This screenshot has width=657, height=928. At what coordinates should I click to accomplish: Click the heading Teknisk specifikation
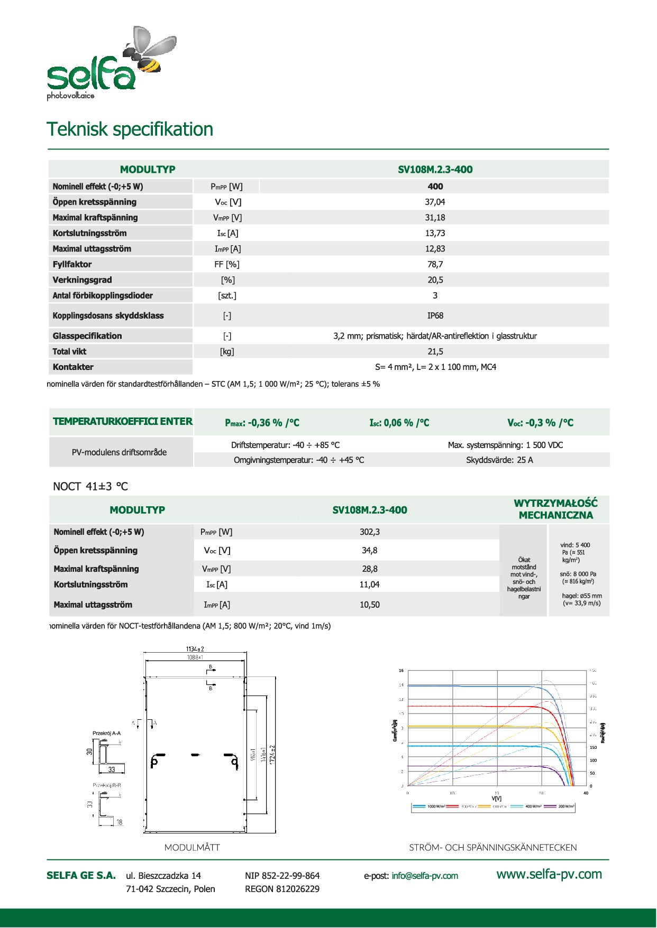(130, 129)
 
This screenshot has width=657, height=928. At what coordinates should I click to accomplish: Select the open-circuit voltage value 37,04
(435, 202)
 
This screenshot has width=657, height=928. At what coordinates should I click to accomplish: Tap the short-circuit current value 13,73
(435, 233)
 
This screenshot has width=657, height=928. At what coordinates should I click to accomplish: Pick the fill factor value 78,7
(435, 264)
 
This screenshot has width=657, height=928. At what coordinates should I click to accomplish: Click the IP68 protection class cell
(435, 315)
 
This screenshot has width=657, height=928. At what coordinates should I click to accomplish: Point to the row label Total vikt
(69, 351)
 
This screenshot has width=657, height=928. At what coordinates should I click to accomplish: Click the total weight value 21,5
(435, 351)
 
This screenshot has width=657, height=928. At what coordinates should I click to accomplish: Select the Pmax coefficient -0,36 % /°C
(262, 423)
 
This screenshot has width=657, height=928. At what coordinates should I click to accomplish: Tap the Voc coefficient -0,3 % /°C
(540, 423)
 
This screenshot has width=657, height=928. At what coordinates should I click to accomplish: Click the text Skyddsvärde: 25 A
(499, 460)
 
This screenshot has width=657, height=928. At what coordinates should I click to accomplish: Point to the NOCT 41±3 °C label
(90, 487)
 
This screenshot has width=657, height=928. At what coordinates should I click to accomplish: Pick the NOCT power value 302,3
(369, 532)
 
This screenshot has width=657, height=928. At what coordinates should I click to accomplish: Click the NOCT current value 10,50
(369, 605)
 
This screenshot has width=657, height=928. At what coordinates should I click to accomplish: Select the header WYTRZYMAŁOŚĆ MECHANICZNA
(555, 509)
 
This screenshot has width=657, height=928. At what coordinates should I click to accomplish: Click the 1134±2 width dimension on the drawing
(195, 649)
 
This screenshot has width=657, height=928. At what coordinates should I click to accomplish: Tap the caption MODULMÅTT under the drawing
(192, 848)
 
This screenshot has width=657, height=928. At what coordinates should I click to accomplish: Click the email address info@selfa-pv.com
(425, 876)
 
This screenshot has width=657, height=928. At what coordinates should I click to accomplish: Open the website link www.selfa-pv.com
(549, 874)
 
